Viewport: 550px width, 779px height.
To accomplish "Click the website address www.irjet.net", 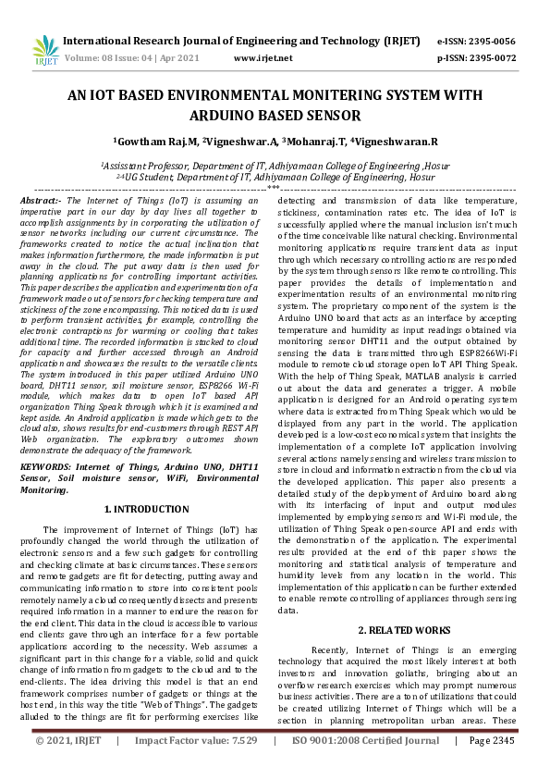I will click(x=263, y=57).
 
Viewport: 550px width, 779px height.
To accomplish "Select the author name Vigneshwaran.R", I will click(x=398, y=142).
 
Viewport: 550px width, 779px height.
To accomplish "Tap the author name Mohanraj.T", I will click(x=318, y=142).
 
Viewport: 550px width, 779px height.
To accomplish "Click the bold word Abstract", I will click(x=39, y=200).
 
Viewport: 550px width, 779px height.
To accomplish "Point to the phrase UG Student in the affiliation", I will click(x=152, y=176).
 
